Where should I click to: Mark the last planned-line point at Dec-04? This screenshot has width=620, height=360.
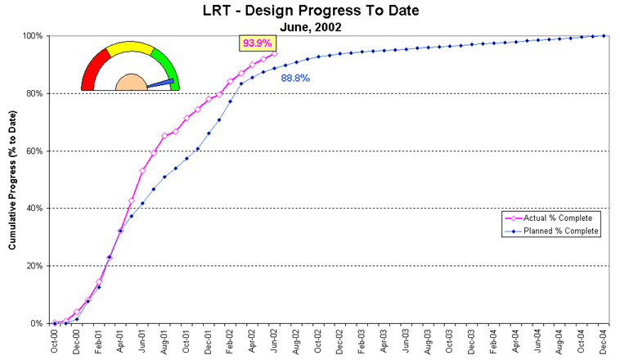click(604, 35)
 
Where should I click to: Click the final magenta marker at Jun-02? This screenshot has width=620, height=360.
click(274, 54)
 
